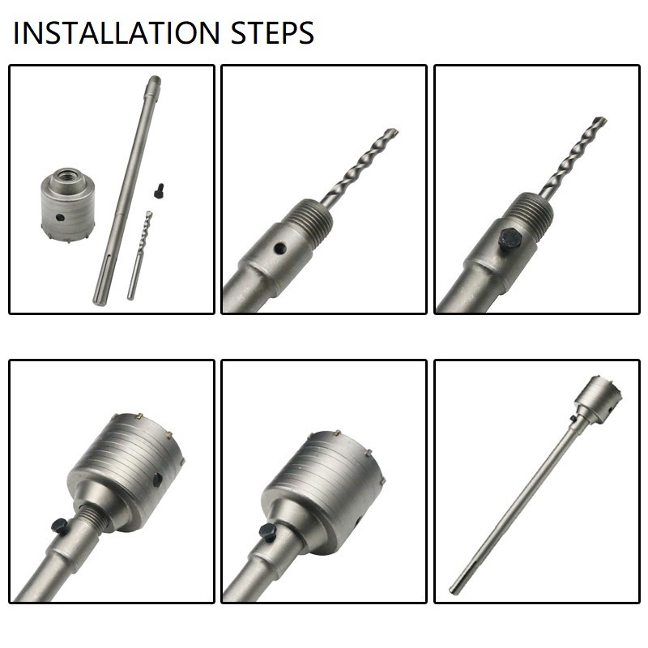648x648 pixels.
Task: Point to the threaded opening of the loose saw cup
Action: (x=66, y=176)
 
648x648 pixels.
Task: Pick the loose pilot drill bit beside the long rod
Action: (x=140, y=254)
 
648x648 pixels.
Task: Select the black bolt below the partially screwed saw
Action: (x=58, y=526)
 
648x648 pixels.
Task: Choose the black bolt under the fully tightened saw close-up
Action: (x=268, y=531)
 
